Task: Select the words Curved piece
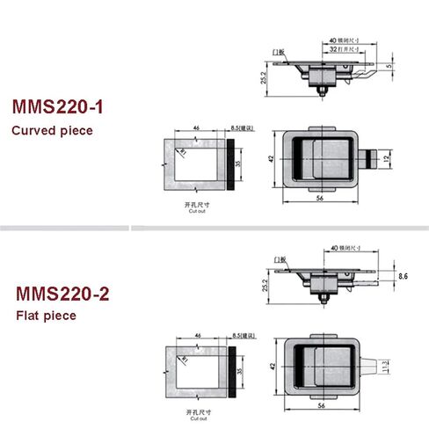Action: pos(52,132)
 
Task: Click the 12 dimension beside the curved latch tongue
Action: pos(388,159)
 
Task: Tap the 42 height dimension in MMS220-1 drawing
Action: pos(272,159)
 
